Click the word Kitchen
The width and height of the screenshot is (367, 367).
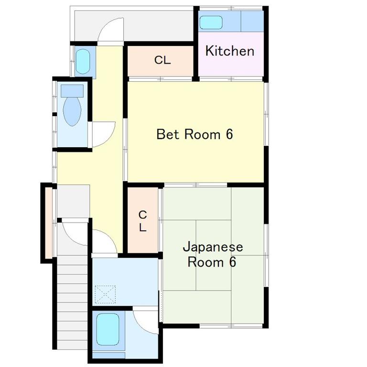click(x=230, y=51)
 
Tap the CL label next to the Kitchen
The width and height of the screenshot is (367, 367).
click(x=162, y=60)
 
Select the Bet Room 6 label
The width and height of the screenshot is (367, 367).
click(x=195, y=134)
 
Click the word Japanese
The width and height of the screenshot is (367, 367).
click(x=213, y=248)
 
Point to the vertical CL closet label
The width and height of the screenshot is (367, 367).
click(x=142, y=221)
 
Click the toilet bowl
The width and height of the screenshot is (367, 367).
click(x=72, y=112)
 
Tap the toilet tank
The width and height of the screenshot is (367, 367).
click(x=72, y=91)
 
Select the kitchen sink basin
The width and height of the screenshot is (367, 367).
click(x=211, y=22)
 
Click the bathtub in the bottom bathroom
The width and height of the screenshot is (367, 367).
click(x=108, y=330)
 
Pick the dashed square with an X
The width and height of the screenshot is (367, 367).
click(x=105, y=294)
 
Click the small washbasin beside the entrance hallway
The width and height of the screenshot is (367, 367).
click(x=83, y=61)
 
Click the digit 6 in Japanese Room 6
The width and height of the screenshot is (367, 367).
click(x=232, y=262)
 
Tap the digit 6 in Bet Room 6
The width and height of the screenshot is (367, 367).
click(x=229, y=134)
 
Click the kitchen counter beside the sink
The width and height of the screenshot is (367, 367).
click(x=252, y=21)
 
